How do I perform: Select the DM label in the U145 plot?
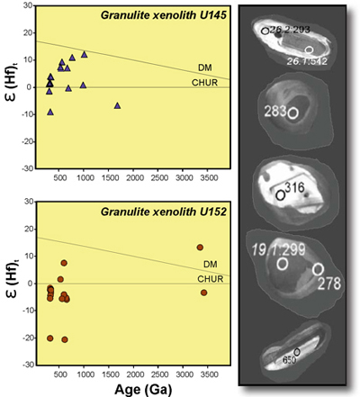point(204,68)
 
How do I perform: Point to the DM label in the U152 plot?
point(209,265)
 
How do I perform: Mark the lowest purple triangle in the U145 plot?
point(51,112)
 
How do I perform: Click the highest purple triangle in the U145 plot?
point(85,54)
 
